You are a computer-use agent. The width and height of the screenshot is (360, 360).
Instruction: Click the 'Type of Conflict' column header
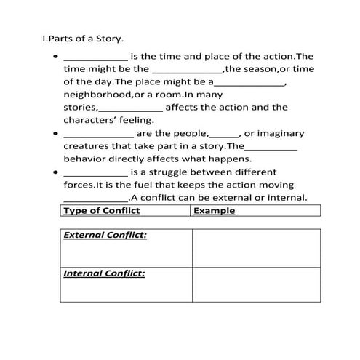(x=101, y=211)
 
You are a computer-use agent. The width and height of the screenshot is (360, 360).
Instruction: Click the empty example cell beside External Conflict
(x=255, y=248)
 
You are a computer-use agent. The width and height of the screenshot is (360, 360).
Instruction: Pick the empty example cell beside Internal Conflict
(x=255, y=284)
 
